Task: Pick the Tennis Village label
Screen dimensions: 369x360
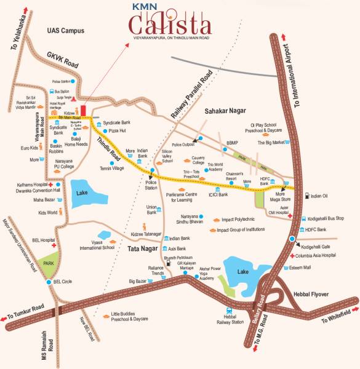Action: tap(112, 168)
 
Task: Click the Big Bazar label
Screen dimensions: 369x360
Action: tap(140, 282)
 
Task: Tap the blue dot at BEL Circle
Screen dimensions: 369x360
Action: tap(48, 282)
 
